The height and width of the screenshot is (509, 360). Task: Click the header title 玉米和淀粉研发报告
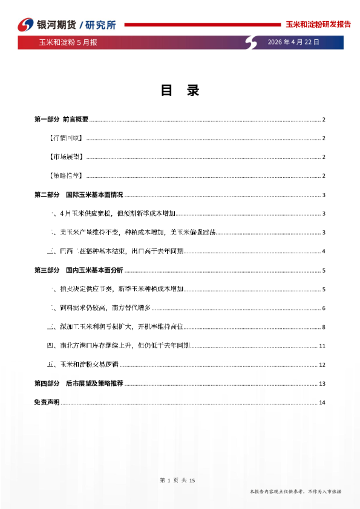(318, 25)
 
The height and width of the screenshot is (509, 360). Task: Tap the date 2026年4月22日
(293, 42)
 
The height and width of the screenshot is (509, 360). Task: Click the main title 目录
(180, 91)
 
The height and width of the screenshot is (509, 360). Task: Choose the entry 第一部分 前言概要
(62, 119)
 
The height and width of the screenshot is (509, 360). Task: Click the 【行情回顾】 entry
(65, 138)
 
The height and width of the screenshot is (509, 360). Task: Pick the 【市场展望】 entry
(65, 157)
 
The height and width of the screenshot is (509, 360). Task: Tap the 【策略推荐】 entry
(65, 176)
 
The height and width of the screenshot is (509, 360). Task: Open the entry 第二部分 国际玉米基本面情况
(79, 195)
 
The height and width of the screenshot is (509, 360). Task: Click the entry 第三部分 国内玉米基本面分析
(79, 270)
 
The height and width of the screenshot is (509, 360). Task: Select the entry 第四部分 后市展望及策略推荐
(79, 383)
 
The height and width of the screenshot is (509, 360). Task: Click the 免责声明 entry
(47, 403)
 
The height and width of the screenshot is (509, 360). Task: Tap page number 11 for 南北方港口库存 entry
(322, 346)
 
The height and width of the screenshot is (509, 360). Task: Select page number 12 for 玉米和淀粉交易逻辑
(322, 365)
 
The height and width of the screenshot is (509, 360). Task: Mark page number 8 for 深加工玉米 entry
(324, 327)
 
